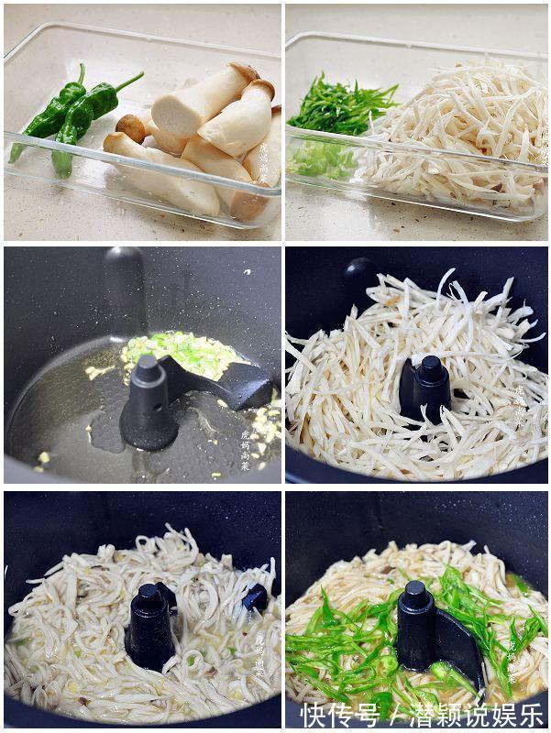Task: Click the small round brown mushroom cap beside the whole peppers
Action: [x=131, y=126]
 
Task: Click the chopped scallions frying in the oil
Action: [x=183, y=353]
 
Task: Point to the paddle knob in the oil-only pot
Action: [x=147, y=368]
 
